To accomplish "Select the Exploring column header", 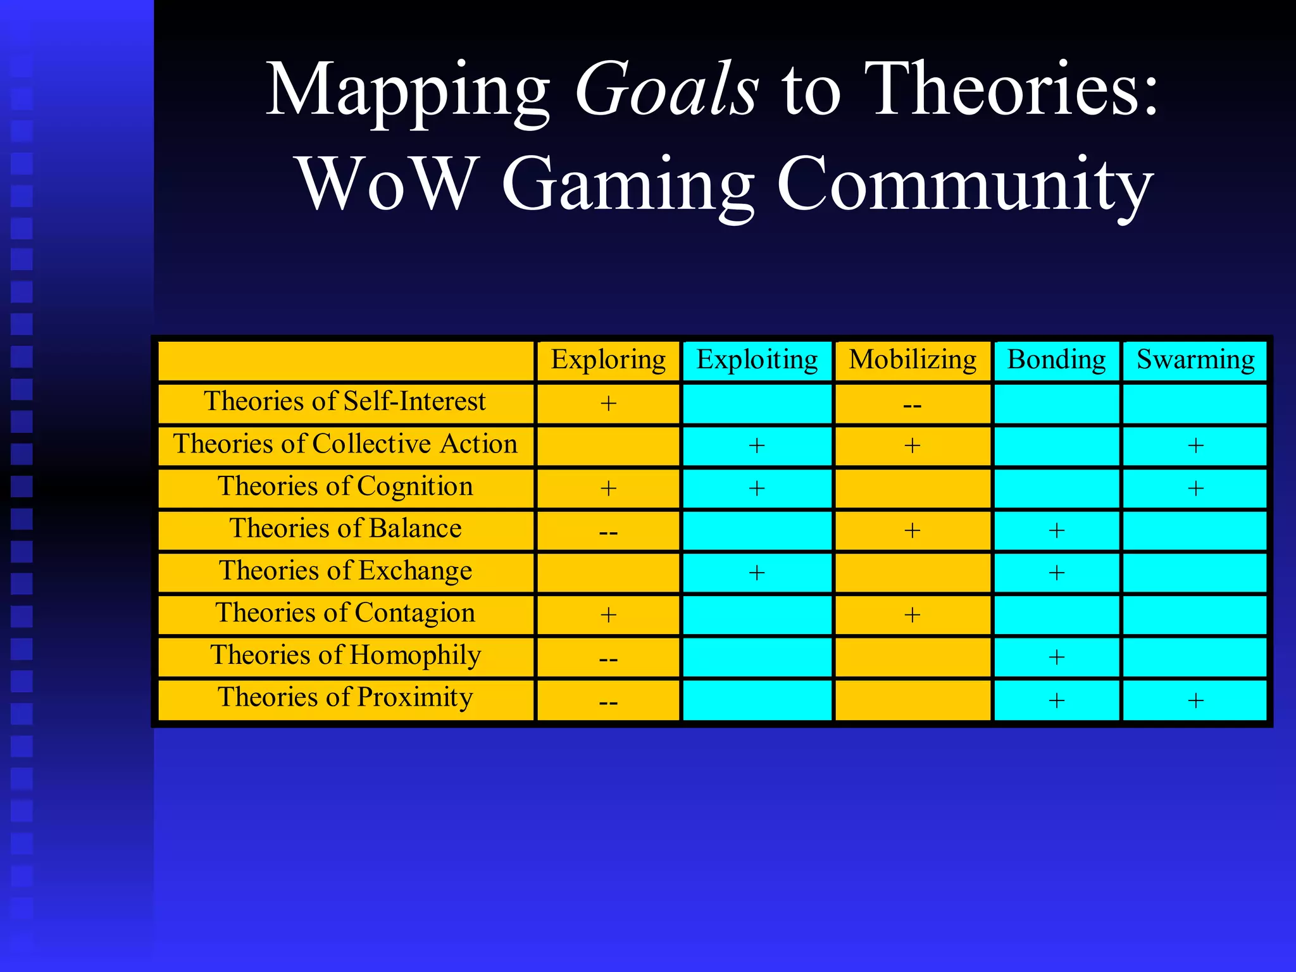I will coord(608,360).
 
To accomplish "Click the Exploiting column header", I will coord(757,360).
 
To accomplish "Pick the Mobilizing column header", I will coord(913,360).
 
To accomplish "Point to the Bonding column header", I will coord(1056,360).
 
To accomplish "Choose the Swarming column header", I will coord(1195,360).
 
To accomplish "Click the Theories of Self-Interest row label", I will coord(345,402).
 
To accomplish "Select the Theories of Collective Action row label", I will coord(345,444).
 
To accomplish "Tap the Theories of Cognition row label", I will coord(345,487).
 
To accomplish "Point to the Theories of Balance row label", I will coord(345,529).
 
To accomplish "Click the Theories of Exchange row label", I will coord(345,571).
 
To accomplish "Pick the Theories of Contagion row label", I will coord(345,613).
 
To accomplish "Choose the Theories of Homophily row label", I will coord(345,656).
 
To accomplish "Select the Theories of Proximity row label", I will coord(345,698).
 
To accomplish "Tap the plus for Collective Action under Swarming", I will coord(1195,446).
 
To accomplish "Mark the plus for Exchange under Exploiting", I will coord(757,573).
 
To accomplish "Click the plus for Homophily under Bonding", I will coord(1056,657).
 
